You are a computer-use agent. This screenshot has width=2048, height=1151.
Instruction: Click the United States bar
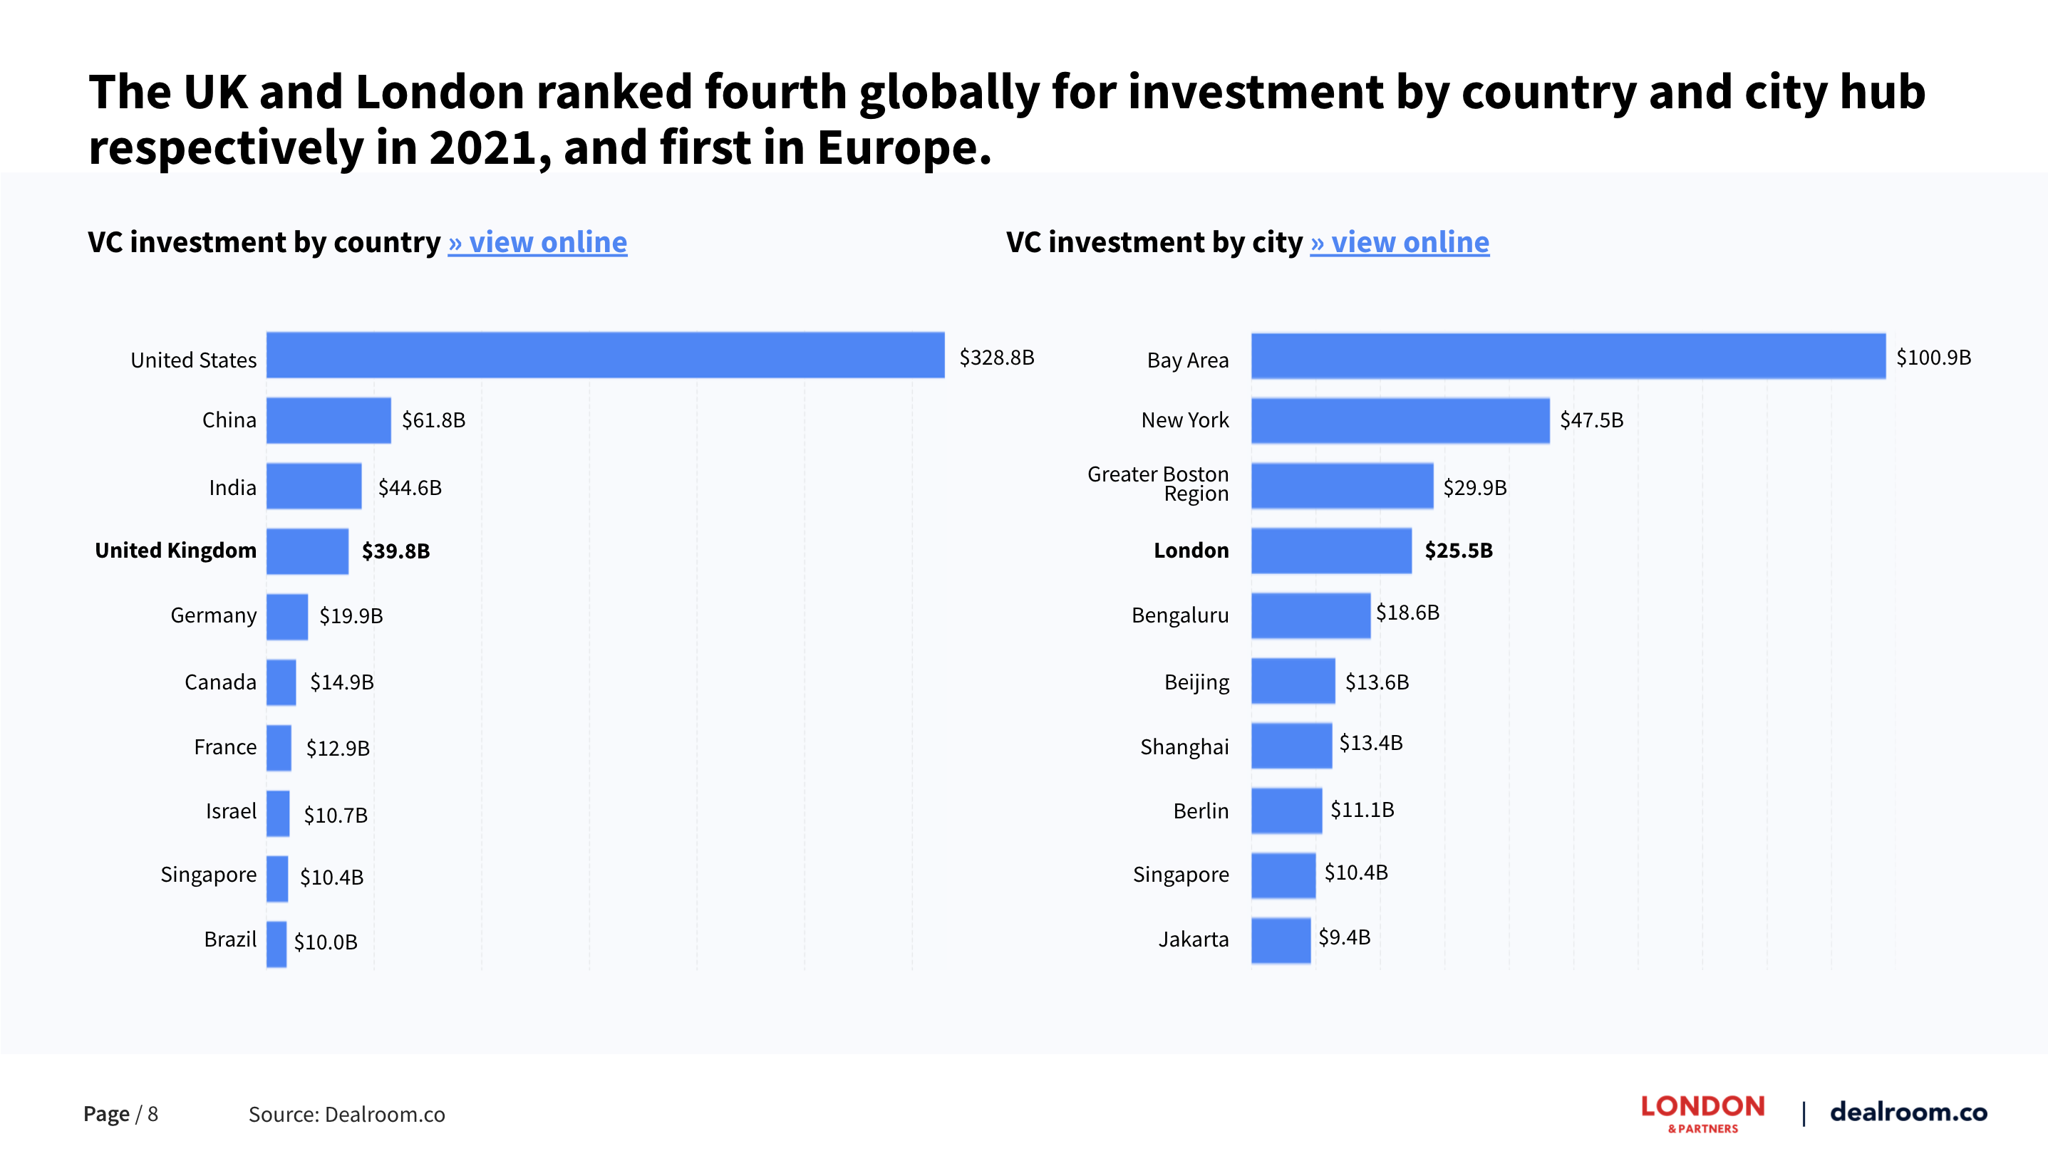click(605, 355)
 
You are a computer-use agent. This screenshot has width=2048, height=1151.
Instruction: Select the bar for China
click(329, 420)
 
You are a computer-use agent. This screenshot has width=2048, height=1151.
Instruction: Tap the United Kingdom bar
click(307, 551)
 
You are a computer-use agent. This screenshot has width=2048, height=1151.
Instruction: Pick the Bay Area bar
click(1568, 356)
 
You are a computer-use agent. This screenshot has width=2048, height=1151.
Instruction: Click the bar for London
click(1331, 551)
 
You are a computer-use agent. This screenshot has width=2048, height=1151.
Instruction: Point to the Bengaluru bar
click(1310, 615)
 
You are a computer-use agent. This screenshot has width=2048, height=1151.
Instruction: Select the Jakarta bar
click(1281, 940)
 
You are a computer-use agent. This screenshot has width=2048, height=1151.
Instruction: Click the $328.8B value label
click(996, 358)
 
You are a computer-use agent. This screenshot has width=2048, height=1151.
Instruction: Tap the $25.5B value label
click(1458, 551)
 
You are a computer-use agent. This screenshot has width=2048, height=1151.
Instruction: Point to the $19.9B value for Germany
click(351, 616)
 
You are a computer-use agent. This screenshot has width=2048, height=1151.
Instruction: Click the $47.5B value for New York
click(1591, 420)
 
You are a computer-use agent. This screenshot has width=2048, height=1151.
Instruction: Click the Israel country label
click(231, 811)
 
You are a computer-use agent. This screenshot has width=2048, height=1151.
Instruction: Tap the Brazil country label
click(229, 939)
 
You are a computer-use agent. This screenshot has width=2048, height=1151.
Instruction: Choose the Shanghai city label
click(1184, 747)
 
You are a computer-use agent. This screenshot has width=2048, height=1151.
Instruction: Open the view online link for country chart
click(537, 242)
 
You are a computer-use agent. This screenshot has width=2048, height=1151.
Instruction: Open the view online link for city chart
click(1400, 242)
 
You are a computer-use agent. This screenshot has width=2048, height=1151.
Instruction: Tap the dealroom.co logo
click(1908, 1111)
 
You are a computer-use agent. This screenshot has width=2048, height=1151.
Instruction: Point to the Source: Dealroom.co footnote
click(346, 1115)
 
